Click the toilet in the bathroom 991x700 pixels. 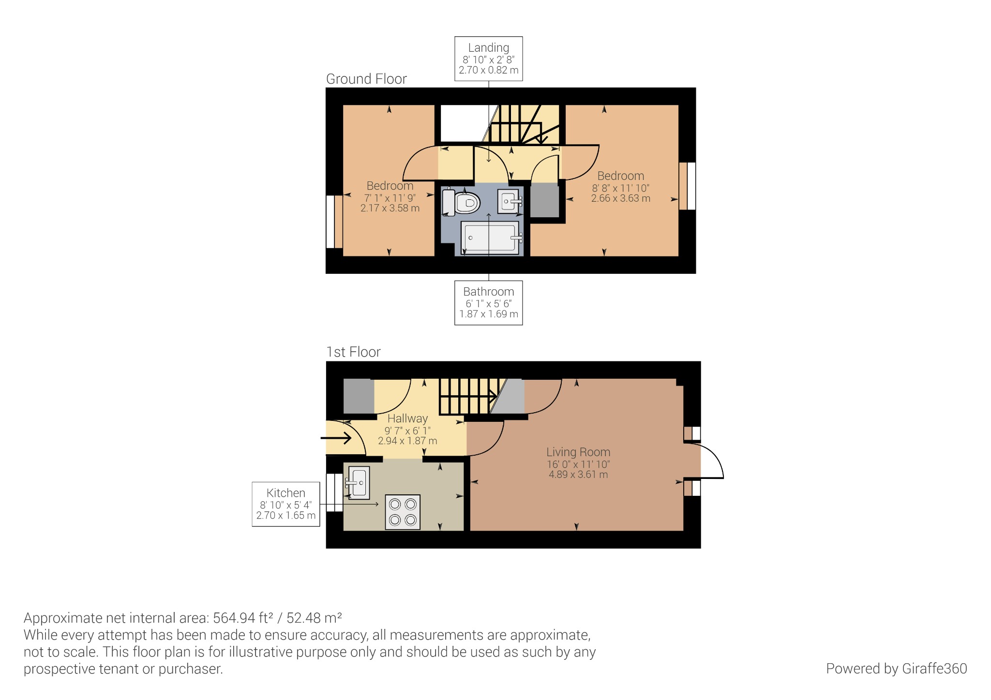coord(462,203)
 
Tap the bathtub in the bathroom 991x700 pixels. coord(490,238)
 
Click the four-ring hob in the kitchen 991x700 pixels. coord(403,512)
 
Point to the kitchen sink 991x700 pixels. coord(358,482)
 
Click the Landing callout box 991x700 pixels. coord(488,59)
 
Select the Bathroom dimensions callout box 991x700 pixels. coord(488,302)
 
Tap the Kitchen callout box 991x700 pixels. coord(285,504)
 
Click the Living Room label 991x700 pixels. coord(578,452)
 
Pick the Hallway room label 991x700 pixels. coord(407,418)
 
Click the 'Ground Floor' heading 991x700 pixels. coord(366,79)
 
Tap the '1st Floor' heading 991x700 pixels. coord(353,352)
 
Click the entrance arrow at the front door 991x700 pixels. coord(337,438)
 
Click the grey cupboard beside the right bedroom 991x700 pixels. coord(545,200)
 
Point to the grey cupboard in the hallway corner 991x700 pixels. coord(359,396)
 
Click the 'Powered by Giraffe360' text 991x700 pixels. coord(896,668)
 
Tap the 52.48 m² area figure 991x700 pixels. coord(314,618)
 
